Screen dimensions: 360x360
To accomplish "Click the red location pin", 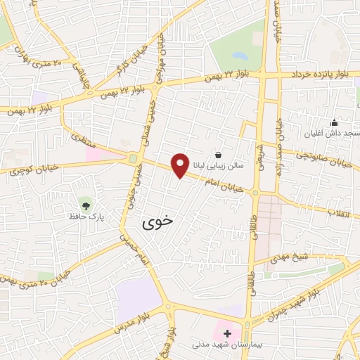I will click(181, 165).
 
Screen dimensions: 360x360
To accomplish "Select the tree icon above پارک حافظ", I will click(86, 205).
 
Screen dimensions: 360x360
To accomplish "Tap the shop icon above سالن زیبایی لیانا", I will click(219, 155).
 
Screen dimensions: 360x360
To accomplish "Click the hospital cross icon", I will click(226, 333).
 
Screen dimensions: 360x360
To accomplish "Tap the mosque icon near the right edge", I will click(334, 122).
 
